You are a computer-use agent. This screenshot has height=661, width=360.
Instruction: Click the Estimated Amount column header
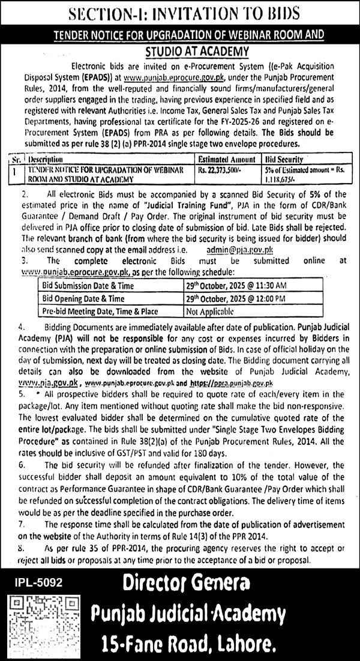click(228, 161)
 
